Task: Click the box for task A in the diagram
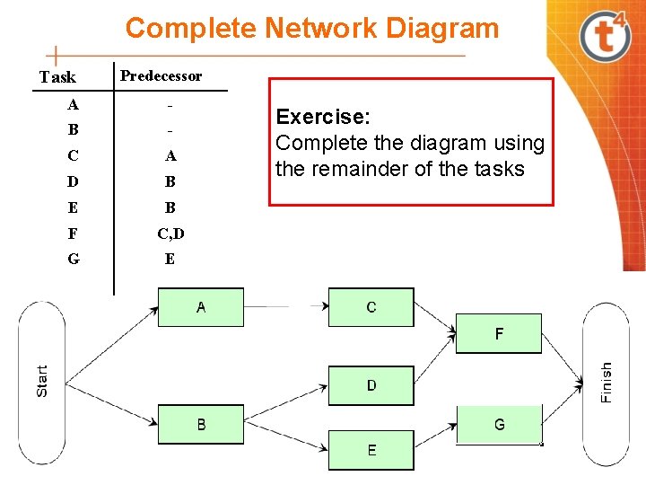(200, 307)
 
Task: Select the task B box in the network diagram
(200, 424)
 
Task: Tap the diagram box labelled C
(371, 307)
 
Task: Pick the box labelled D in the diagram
(371, 385)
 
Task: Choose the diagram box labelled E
(371, 450)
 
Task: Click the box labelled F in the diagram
(499, 333)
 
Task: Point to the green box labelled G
(499, 424)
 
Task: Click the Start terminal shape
(42, 381)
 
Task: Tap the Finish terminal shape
(606, 381)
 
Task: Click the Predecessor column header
(161, 75)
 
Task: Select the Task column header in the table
(57, 77)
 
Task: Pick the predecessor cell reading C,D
(170, 234)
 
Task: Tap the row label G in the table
(73, 259)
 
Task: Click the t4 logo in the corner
(605, 35)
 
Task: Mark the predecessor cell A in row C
(170, 155)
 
